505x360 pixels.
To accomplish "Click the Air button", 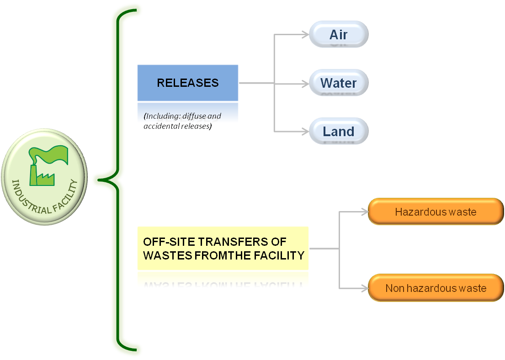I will [339, 34].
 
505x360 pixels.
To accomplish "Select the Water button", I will [339, 83].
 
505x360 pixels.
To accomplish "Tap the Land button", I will [339, 131].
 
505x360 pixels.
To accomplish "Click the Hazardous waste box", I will [436, 212].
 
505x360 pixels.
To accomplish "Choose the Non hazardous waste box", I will [436, 288].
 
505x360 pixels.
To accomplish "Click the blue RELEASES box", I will [188, 83].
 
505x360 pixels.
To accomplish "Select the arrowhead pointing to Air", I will [306, 34].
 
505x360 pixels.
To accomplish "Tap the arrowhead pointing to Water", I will [306, 84].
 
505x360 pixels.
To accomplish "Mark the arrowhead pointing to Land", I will [306, 132].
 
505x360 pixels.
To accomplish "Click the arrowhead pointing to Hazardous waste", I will [365, 212].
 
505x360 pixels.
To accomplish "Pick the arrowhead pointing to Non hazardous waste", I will [365, 288].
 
